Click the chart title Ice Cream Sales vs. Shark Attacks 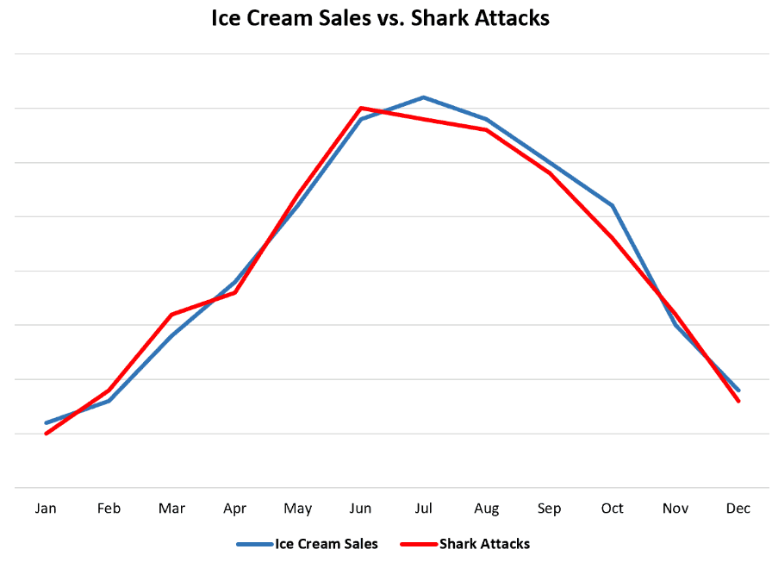380,18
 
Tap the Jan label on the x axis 46,509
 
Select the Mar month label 171,509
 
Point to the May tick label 298,509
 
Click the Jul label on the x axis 423,509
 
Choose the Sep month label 549,509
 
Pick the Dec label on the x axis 738,509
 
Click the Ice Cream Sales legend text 327,544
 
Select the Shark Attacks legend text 484,544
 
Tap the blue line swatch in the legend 254,544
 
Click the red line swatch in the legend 419,544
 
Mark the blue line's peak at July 424,97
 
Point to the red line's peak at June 361,109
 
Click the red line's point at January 46,434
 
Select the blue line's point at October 613,206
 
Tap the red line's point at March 171,315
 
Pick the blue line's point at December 738,390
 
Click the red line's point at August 487,130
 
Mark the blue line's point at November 675,325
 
